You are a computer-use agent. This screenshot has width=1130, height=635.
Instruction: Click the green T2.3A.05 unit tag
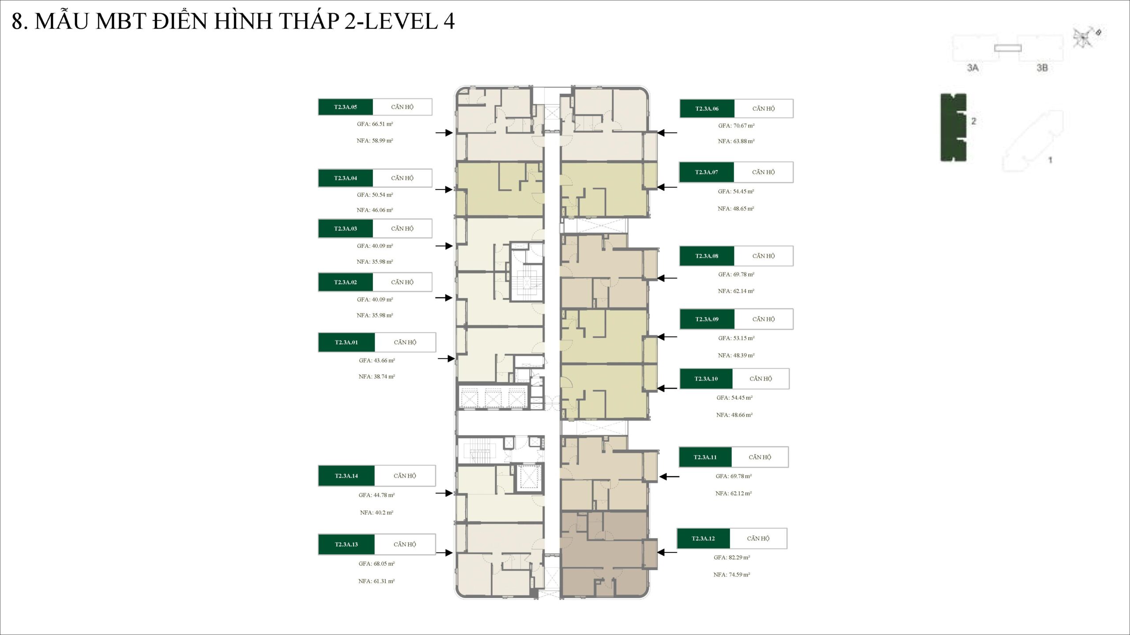[346, 107]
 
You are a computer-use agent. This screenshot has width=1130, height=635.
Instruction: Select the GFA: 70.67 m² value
[736, 126]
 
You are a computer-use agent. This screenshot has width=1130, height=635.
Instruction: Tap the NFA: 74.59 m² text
[732, 575]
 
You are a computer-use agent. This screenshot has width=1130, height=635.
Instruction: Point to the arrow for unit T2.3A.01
[446, 359]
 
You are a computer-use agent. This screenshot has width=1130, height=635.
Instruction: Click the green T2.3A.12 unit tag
[703, 538]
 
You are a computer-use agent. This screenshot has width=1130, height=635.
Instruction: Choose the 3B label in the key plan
[1042, 68]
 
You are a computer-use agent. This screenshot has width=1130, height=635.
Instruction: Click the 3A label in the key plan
[973, 68]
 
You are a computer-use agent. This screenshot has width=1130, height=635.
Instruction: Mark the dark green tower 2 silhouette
[953, 127]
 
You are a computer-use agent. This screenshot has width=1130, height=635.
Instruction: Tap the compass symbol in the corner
[1084, 38]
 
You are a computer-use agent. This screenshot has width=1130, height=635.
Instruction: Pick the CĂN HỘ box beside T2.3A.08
[764, 256]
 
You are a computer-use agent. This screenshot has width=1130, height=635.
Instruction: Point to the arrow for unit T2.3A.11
[669, 477]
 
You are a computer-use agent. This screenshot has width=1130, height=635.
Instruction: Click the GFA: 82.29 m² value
[732, 557]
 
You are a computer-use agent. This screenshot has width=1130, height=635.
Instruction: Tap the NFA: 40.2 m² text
[377, 512]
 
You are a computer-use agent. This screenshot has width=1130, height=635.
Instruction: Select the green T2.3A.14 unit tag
[347, 476]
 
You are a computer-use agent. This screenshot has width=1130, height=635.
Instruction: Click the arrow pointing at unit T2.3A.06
[667, 133]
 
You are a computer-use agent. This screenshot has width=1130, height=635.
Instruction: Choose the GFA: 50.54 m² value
[375, 195]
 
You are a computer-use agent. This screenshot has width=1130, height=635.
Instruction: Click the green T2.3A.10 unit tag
[706, 379]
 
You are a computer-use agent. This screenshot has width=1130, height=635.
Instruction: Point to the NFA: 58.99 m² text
[375, 141]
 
